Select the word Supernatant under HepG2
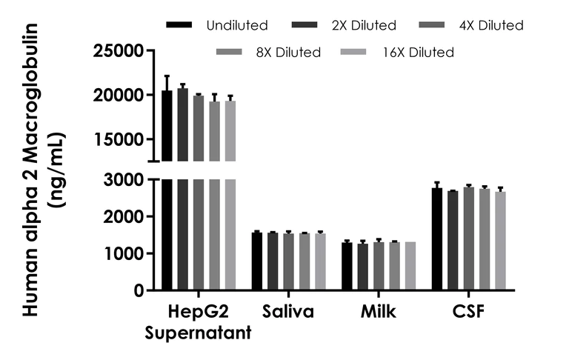coord(198,333)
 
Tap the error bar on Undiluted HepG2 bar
coord(167,82)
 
